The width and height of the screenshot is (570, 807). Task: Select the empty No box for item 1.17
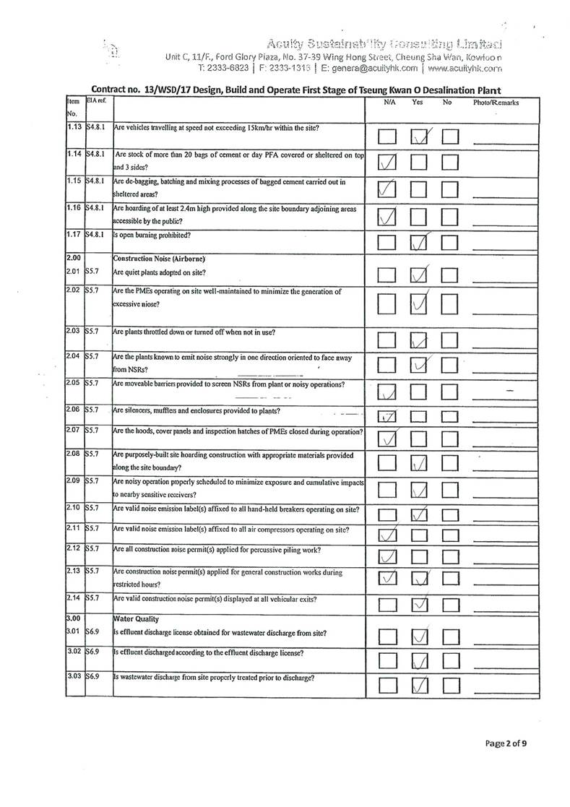coord(450,243)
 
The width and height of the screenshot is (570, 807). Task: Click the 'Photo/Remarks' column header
coord(496,103)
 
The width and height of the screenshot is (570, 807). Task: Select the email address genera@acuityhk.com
coord(369,68)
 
